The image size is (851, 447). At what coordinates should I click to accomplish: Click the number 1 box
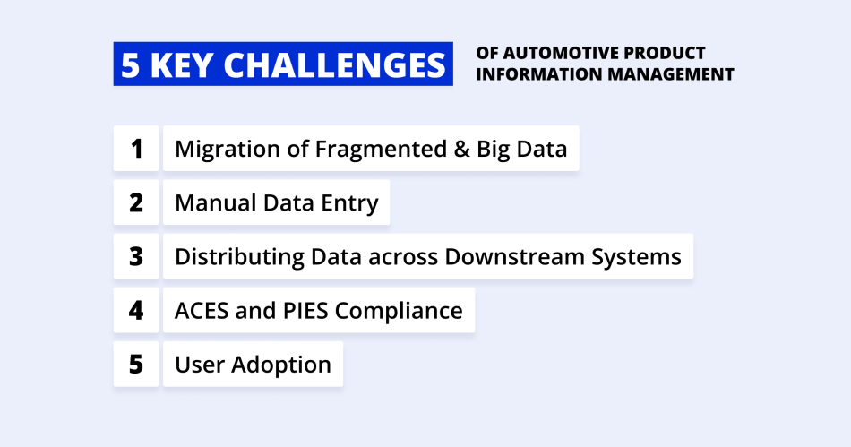pyautogui.click(x=136, y=149)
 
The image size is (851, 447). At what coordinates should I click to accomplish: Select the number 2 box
pyautogui.click(x=136, y=202)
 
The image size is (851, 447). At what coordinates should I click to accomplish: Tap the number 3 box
pyautogui.click(x=136, y=257)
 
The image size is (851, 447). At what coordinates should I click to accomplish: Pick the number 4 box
pyautogui.click(x=136, y=311)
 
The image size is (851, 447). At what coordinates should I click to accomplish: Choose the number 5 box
pyautogui.click(x=136, y=365)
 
